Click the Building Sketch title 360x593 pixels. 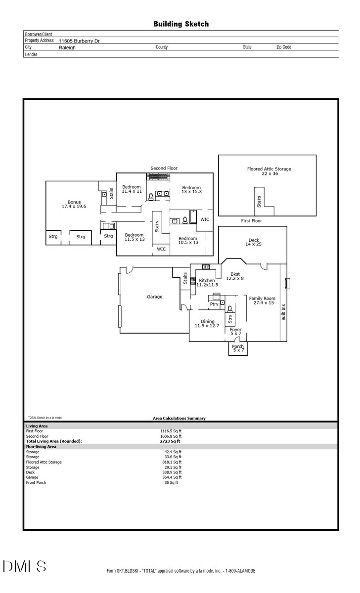pyautogui.click(x=180, y=24)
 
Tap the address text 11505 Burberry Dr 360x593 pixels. pyautogui.click(x=79, y=41)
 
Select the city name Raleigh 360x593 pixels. pyautogui.click(x=67, y=48)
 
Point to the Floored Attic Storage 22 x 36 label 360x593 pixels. pyautogui.click(x=269, y=171)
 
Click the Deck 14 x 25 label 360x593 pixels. pyautogui.click(x=253, y=243)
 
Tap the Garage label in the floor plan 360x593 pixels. pyautogui.click(x=154, y=296)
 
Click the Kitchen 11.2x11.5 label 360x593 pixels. pyautogui.click(x=207, y=283)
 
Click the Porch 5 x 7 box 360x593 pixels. pyautogui.click(x=238, y=348)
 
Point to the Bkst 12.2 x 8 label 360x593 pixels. pyautogui.click(x=235, y=276)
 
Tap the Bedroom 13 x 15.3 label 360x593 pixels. pyautogui.click(x=191, y=189)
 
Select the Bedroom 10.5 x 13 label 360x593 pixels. pyautogui.click(x=188, y=240)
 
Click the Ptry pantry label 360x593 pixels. pyautogui.click(x=214, y=304)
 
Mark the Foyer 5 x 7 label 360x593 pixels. pyautogui.click(x=235, y=332)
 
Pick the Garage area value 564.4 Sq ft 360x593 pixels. pyautogui.click(x=173, y=477)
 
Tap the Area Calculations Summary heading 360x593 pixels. pyautogui.click(x=179, y=418)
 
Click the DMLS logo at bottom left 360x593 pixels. pyautogui.click(x=25, y=566)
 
